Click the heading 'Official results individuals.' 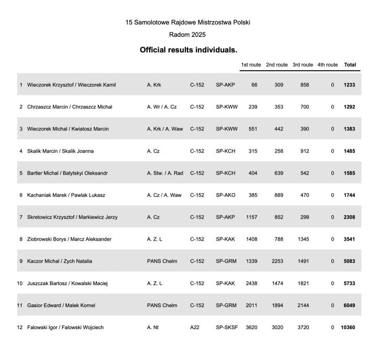tap(188, 50)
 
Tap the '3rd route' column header tap(303, 65)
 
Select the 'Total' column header tap(350, 65)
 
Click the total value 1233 tap(349, 85)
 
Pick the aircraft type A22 tap(195, 328)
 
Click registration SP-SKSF tap(227, 328)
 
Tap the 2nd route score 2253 tap(277, 261)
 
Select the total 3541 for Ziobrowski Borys tap(349, 239)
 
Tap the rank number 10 tap(20, 283)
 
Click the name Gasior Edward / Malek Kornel tap(61, 306)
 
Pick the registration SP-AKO tap(226, 195)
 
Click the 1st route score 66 tap(254, 85)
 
